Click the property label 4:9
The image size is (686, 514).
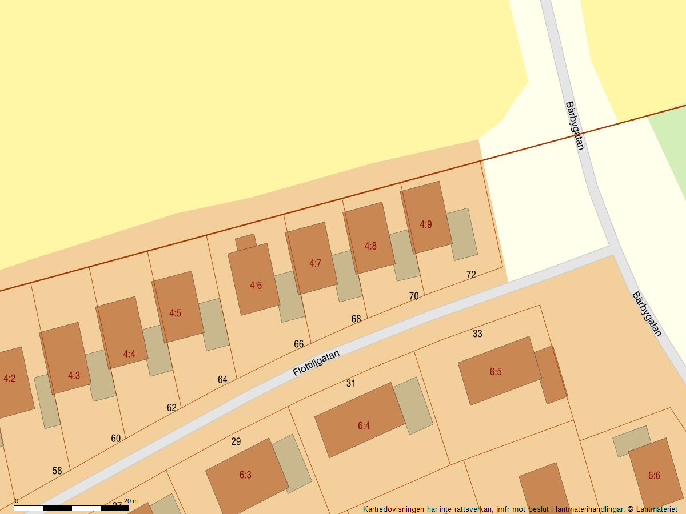426,224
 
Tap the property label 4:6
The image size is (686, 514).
256,285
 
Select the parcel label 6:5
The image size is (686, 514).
496,372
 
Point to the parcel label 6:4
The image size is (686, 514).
364,425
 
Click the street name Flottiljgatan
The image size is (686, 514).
316,363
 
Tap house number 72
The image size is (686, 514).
471,275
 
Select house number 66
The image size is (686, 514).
298,344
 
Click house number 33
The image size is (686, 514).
477,334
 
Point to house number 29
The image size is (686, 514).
236,441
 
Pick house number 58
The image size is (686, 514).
57,471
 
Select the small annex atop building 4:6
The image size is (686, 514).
246,242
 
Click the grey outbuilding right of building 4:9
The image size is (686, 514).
462,234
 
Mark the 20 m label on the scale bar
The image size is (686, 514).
131,501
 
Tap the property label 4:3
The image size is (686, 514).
74,375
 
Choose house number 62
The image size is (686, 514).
171,408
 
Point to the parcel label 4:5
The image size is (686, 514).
175,313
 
